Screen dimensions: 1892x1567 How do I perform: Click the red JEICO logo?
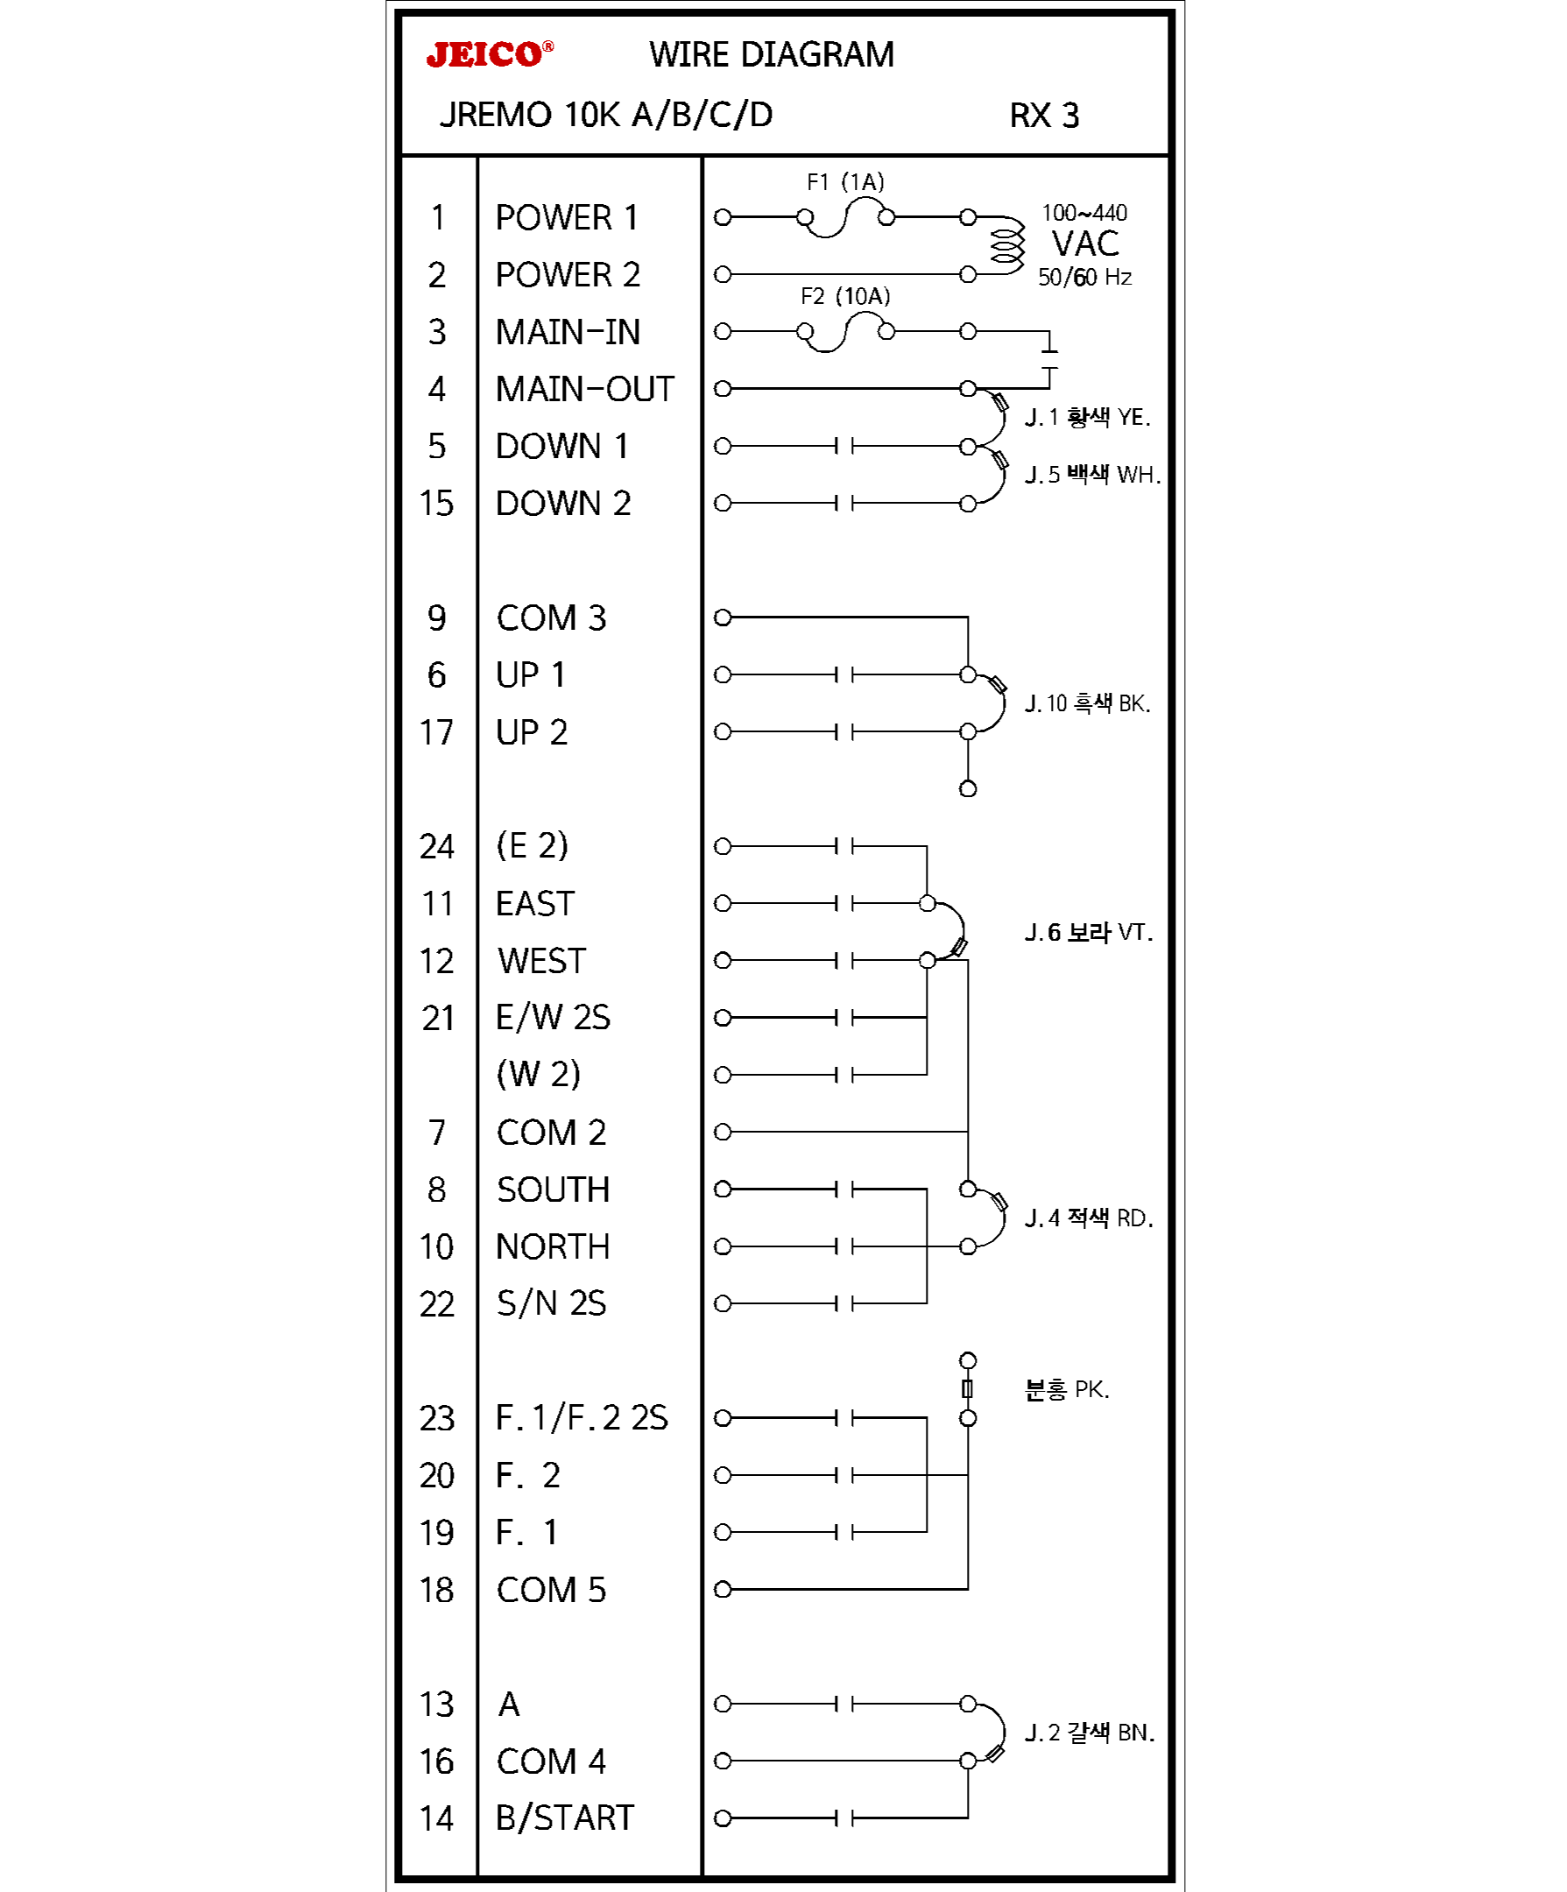click(x=490, y=55)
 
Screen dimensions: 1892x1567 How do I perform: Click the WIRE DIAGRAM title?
click(x=772, y=55)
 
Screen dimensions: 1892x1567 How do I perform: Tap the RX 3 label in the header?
click(x=1043, y=116)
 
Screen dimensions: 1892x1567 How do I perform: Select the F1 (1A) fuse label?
click(x=844, y=182)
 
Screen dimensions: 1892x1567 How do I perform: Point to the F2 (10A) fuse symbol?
click(x=845, y=332)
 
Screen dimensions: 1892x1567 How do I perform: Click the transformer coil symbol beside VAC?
click(x=1006, y=245)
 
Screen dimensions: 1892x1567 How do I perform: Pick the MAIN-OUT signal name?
click(x=584, y=389)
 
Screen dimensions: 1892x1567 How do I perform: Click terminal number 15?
click(x=436, y=504)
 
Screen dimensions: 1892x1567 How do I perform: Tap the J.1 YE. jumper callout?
click(x=1087, y=417)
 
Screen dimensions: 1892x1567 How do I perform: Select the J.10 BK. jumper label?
click(x=1087, y=703)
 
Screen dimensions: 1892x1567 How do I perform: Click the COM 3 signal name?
click(x=551, y=618)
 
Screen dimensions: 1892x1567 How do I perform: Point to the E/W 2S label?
click(x=553, y=1018)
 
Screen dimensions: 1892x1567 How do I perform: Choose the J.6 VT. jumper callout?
click(x=1088, y=933)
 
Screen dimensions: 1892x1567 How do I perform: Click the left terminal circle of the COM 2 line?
click(x=722, y=1133)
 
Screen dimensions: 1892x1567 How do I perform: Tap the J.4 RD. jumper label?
click(x=1088, y=1219)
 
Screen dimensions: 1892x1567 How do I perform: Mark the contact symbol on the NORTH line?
click(x=844, y=1247)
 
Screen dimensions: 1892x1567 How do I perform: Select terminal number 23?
click(x=436, y=1419)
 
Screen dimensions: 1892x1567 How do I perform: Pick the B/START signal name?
click(x=564, y=1819)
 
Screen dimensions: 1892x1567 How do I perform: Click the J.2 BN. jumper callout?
click(x=1089, y=1733)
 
